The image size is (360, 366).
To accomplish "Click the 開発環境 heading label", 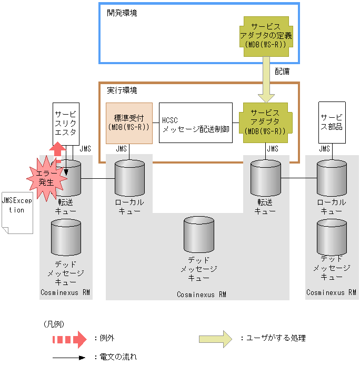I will [x=122, y=13].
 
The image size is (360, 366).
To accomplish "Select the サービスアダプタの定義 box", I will [x=266, y=36].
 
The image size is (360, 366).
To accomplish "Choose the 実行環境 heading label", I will [x=122, y=90].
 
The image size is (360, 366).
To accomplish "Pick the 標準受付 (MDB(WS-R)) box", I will [x=129, y=123].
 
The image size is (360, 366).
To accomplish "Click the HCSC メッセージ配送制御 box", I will [x=196, y=123].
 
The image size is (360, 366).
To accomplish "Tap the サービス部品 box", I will [x=332, y=123].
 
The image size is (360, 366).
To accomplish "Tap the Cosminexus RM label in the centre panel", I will [x=202, y=294].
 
